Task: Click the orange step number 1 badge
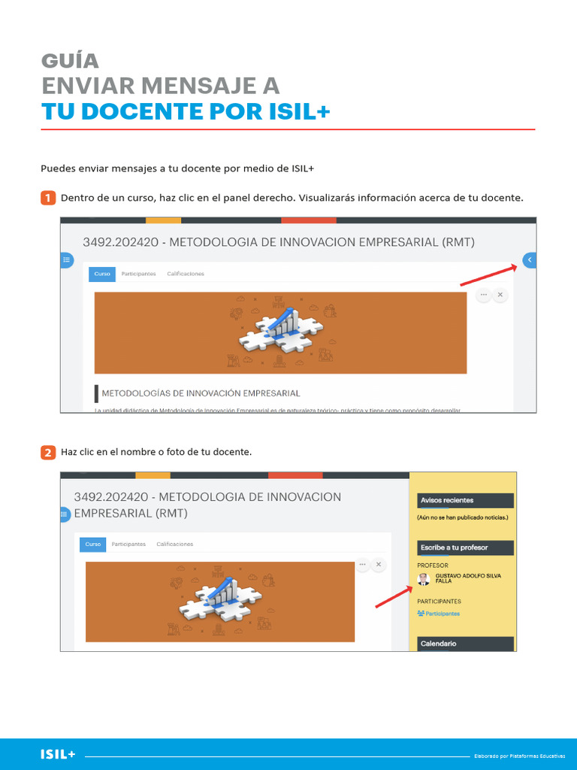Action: click(47, 198)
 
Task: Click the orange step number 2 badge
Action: click(47, 452)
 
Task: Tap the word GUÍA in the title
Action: click(70, 61)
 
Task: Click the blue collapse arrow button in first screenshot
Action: click(529, 260)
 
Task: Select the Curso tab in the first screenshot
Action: click(102, 274)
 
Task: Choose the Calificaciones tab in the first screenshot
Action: click(186, 274)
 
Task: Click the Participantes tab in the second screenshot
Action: click(128, 544)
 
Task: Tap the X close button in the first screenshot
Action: click(500, 295)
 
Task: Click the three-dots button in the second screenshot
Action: click(362, 563)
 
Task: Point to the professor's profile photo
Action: click(424, 579)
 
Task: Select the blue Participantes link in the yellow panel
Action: click(442, 614)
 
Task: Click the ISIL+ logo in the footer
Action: click(58, 754)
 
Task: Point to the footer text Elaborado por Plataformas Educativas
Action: click(519, 756)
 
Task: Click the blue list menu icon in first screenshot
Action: click(67, 260)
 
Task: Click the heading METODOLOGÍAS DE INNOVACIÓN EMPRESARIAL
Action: click(201, 393)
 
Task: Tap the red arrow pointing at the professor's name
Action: click(392, 595)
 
